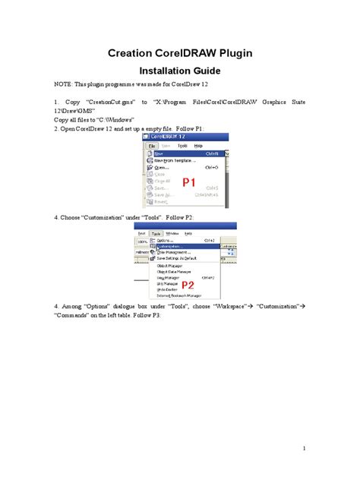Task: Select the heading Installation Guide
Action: tap(179, 71)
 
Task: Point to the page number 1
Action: tap(303, 448)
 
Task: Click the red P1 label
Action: tap(189, 183)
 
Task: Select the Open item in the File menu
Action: tap(162, 167)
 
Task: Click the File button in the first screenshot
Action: tap(152, 144)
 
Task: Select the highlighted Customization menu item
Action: tap(172, 246)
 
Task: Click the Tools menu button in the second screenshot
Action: tap(156, 234)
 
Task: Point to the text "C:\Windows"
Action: tap(112, 120)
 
